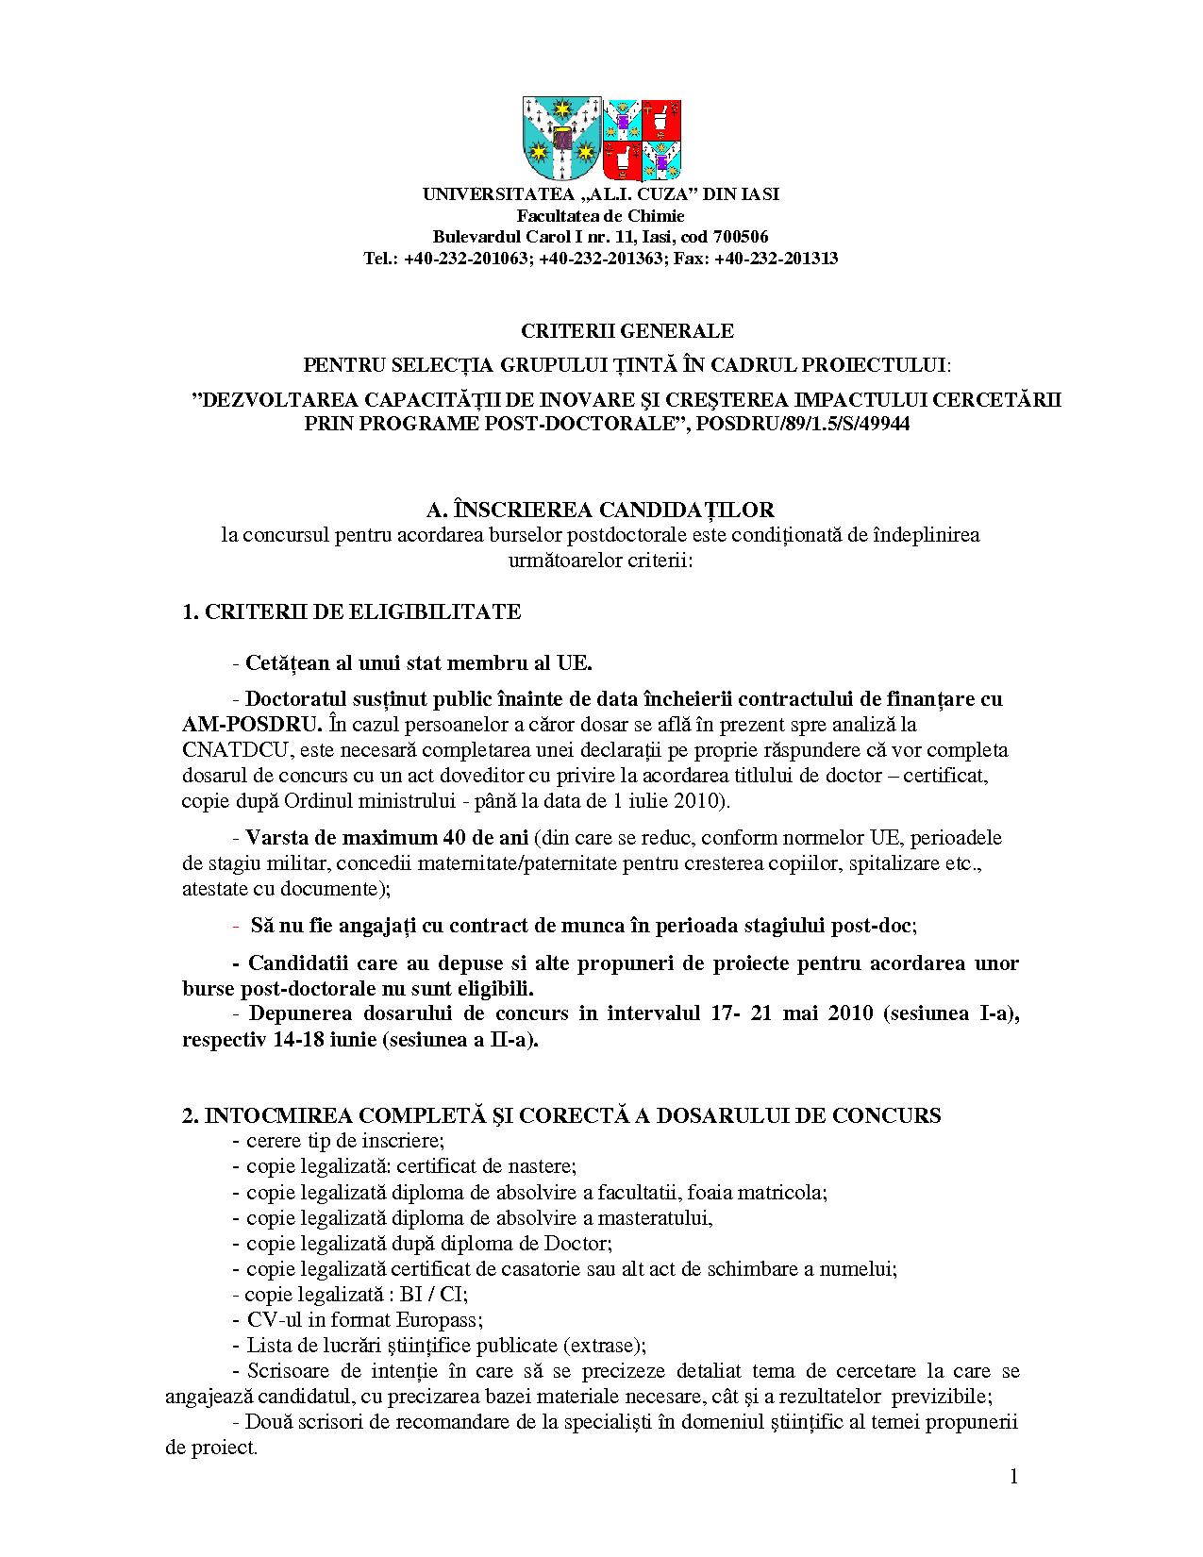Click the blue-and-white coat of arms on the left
(x=561, y=139)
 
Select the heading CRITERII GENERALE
(x=627, y=331)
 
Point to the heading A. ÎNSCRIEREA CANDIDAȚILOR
(x=600, y=510)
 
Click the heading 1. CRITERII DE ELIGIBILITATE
(x=351, y=611)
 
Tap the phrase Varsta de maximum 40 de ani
(x=387, y=838)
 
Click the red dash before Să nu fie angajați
(x=236, y=926)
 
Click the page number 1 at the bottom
(x=1013, y=1477)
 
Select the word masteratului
(x=653, y=1218)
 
